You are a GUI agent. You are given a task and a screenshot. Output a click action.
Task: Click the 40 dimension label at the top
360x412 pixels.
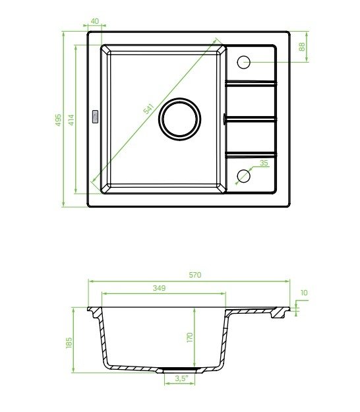94,21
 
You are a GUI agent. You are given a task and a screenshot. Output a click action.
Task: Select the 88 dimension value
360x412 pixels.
302,47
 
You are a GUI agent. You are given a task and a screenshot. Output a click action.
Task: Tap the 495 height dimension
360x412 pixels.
58,120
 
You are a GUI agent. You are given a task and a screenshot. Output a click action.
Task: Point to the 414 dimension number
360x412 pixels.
71,120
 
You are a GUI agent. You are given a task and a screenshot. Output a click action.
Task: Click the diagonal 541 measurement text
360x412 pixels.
148,109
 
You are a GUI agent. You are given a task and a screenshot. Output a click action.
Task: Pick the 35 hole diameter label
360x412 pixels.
264,163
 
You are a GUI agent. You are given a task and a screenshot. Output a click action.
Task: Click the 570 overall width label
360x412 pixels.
195,275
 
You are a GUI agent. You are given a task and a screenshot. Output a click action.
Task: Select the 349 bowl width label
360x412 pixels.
160,288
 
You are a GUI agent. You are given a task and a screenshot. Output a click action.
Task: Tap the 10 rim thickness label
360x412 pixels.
304,293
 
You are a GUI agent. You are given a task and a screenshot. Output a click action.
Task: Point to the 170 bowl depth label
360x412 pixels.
190,338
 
